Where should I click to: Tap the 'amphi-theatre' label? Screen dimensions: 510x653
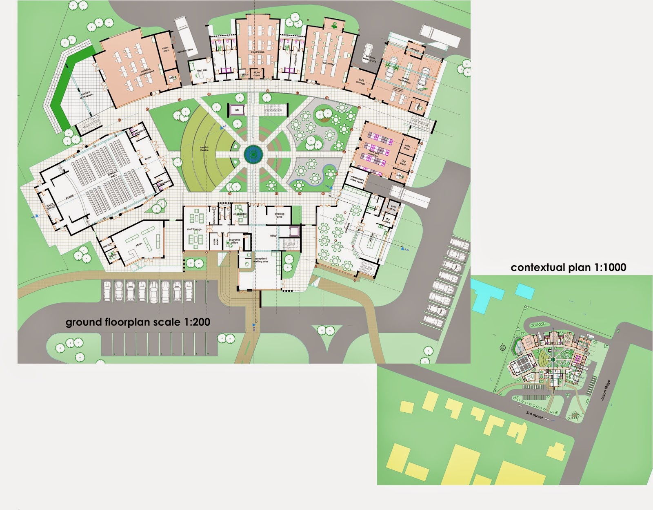click(204, 150)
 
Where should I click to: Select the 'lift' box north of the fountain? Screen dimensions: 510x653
click(236, 110)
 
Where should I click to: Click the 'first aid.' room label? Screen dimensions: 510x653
click(202, 71)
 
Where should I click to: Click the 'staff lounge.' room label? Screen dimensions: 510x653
click(195, 230)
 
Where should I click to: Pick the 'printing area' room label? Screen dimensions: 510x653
click(279, 215)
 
